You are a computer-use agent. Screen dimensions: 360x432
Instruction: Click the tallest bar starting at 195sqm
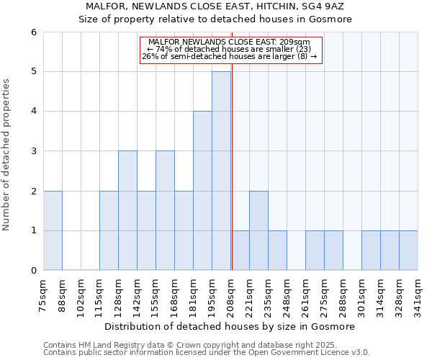click(x=221, y=171)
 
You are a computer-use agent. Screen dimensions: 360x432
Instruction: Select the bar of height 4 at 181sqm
click(x=202, y=191)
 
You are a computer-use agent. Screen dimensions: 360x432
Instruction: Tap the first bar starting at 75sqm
click(x=53, y=230)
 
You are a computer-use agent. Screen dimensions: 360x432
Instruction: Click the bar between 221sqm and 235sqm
click(x=258, y=230)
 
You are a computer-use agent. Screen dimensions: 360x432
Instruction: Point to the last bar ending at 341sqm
click(x=408, y=251)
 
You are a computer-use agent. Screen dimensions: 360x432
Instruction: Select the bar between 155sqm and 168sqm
click(x=165, y=210)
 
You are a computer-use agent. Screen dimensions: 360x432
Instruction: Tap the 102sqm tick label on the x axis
click(x=81, y=293)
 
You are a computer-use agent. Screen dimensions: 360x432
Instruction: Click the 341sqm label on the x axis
click(x=418, y=293)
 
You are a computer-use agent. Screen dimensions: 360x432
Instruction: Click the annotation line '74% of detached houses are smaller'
click(x=229, y=49)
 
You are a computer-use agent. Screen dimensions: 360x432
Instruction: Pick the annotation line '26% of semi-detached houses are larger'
click(x=229, y=56)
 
